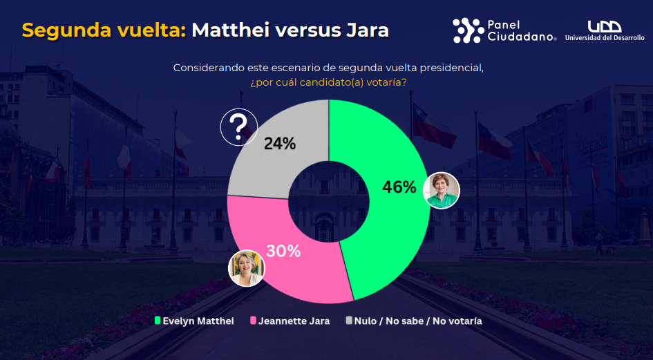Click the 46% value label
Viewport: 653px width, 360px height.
coord(399,187)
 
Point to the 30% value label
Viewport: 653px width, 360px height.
coord(283,252)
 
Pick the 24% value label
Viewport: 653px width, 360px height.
coord(280,144)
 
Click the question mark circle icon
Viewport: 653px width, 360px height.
coord(238,126)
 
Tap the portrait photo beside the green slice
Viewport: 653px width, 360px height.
coord(441,189)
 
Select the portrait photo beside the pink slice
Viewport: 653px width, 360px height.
coord(247,268)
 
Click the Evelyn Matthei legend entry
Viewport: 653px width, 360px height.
coord(198,321)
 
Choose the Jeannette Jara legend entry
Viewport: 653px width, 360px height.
coord(294,321)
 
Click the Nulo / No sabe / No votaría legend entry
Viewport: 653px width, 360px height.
coord(418,321)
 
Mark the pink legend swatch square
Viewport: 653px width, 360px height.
coord(253,321)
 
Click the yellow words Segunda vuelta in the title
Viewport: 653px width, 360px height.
coord(104,30)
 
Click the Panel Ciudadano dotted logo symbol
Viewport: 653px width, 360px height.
coord(468,30)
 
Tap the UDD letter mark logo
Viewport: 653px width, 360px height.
coord(604,26)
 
